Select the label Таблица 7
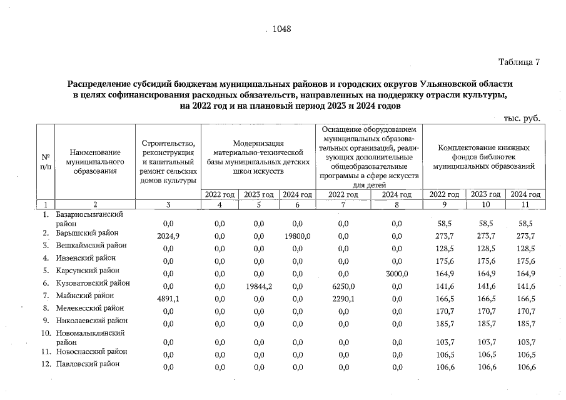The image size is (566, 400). point(518,62)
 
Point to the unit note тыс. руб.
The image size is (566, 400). point(521,117)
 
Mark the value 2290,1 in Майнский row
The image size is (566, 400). point(341,298)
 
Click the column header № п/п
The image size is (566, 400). point(46,161)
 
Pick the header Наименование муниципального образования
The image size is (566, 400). point(94,161)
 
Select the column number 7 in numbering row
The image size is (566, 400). point(341,204)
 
